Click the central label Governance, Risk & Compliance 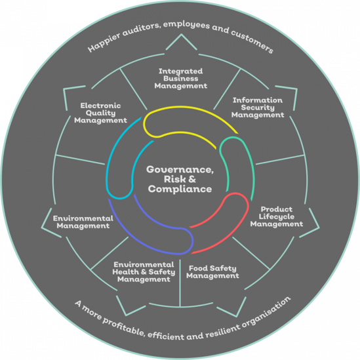pyautogui.click(x=180, y=179)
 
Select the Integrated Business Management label pyautogui.click(x=181, y=79)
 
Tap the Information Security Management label pyautogui.click(x=258, y=108)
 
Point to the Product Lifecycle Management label pyautogui.click(x=277, y=216)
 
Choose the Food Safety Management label pyautogui.click(x=212, y=272)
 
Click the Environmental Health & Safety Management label pyautogui.click(x=144, y=272)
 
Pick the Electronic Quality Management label pyautogui.click(x=100, y=113)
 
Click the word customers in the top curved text pyautogui.click(x=252, y=41)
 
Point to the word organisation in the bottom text pyautogui.click(x=266, y=313)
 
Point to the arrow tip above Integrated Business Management pyautogui.click(x=181, y=34)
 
